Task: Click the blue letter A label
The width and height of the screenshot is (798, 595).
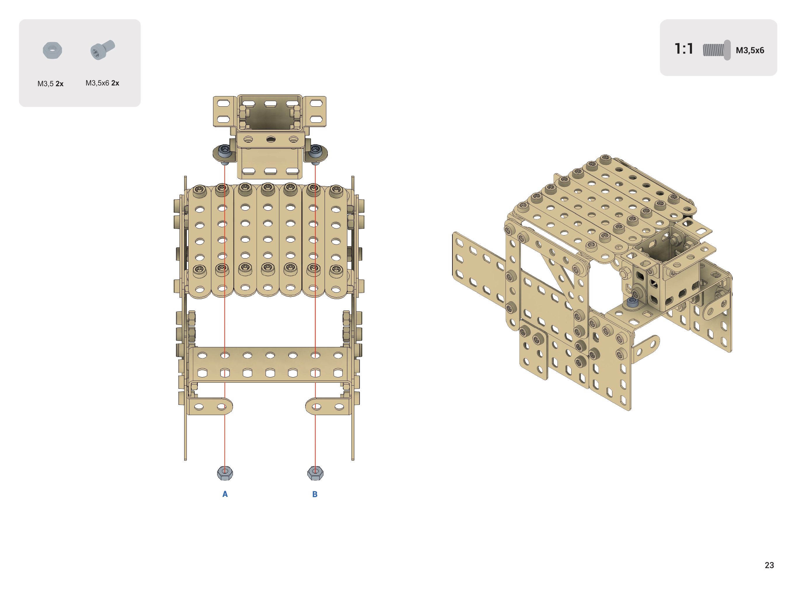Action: pos(225,494)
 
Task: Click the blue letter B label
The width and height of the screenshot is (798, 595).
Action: pos(315,494)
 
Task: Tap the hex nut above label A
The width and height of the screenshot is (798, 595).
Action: pos(225,473)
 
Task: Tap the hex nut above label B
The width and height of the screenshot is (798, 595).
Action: pos(315,473)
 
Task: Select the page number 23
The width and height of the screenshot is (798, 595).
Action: pos(769,565)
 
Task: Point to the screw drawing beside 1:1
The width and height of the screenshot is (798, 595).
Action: pos(717,50)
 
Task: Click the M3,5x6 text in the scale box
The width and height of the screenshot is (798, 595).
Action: pos(750,51)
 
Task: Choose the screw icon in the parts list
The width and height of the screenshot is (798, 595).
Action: pos(102,50)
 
